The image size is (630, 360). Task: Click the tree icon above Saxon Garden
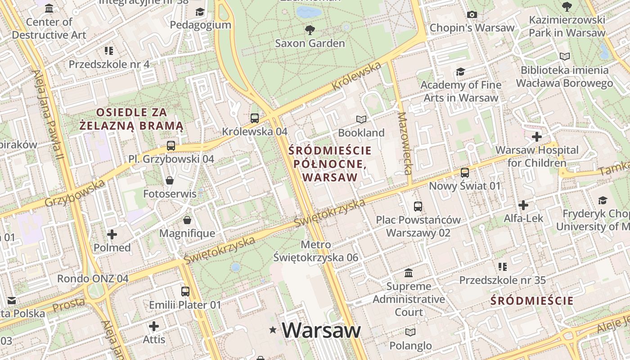pyautogui.click(x=310, y=30)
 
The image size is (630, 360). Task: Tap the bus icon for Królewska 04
pyautogui.click(x=255, y=118)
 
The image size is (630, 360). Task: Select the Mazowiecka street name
pyautogui.click(x=405, y=143)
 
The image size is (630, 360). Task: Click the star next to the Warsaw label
pyautogui.click(x=273, y=330)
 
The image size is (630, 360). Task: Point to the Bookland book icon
pyautogui.click(x=361, y=119)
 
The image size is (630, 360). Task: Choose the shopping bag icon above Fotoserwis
pyautogui.click(x=170, y=180)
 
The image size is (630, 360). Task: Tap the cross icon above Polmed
pyautogui.click(x=112, y=234)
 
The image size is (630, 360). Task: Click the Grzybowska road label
pyautogui.click(x=75, y=193)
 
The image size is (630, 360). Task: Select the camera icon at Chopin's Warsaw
pyautogui.click(x=472, y=14)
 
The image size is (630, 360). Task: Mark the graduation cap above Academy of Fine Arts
pyautogui.click(x=460, y=72)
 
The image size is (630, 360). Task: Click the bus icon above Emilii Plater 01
pyautogui.click(x=185, y=291)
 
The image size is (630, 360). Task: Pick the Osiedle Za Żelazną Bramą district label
pyautogui.click(x=131, y=119)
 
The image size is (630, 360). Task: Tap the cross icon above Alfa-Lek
pyautogui.click(x=523, y=205)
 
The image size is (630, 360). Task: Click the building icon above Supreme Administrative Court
pyautogui.click(x=409, y=273)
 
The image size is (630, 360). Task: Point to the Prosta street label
pyautogui.click(x=68, y=306)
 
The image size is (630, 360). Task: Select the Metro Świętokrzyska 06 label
pyautogui.click(x=316, y=251)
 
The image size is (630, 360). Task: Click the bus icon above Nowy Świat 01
pyautogui.click(x=464, y=172)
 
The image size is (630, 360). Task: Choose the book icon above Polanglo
pyautogui.click(x=410, y=332)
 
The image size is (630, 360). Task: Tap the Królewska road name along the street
pyautogui.click(x=357, y=76)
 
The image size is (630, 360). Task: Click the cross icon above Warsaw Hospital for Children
pyautogui.click(x=536, y=136)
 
